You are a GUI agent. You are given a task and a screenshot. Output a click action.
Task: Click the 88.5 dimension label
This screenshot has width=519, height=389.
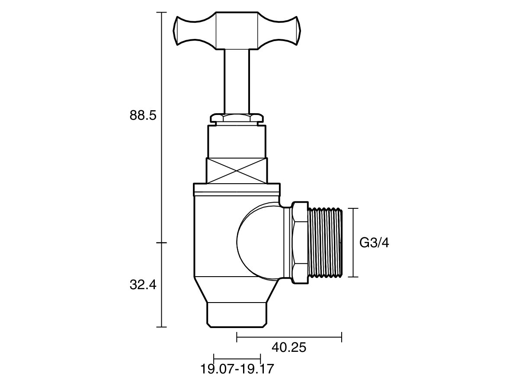(142, 116)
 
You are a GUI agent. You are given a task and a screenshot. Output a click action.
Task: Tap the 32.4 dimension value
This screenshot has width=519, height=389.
(142, 285)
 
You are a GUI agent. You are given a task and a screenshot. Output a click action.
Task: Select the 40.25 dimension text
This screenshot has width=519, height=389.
(288, 347)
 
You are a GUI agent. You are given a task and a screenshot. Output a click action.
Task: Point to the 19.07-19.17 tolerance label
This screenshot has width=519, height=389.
(237, 369)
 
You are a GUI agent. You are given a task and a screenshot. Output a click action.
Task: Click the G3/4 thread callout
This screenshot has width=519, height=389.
(374, 243)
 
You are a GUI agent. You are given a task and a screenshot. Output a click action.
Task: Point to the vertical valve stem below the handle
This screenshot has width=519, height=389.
(237, 80)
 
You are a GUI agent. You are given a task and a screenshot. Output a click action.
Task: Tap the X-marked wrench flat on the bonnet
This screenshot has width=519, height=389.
(237, 171)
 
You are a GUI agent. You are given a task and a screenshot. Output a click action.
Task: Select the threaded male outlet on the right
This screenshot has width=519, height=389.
(325, 242)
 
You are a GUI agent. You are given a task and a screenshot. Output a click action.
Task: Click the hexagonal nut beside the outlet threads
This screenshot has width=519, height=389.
(299, 242)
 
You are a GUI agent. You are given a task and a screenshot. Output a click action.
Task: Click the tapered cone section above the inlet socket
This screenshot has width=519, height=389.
(237, 290)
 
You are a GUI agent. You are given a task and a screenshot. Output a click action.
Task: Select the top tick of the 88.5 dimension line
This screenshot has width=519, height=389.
(161, 13)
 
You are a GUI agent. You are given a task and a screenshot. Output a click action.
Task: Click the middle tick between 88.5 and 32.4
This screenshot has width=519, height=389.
(161, 242)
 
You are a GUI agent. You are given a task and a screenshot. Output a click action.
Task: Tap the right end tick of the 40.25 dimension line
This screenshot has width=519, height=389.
(342, 337)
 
